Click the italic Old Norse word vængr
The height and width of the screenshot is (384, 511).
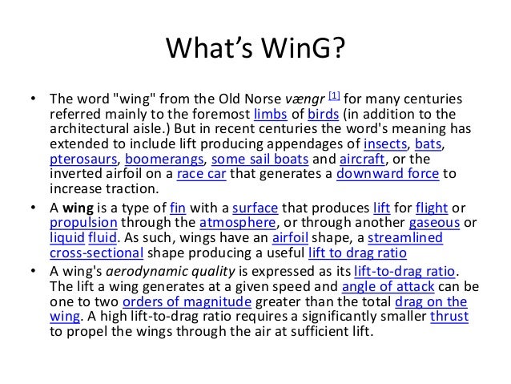pyautogui.click(x=307, y=99)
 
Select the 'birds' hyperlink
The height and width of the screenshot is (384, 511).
pyautogui.click(x=324, y=114)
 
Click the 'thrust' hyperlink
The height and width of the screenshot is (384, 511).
pyautogui.click(x=449, y=317)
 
